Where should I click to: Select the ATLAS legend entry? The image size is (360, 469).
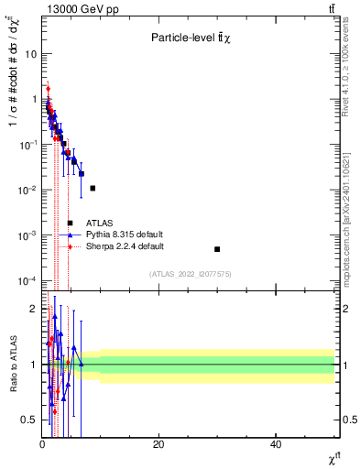(x=99, y=223)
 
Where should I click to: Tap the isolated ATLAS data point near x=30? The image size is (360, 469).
(x=217, y=249)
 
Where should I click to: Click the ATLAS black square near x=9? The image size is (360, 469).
(x=93, y=188)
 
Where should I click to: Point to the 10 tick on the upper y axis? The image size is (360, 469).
(x=31, y=54)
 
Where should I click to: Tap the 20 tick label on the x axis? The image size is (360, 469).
(x=158, y=444)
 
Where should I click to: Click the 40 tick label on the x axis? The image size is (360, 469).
(x=276, y=444)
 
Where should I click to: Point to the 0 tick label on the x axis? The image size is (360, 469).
(x=42, y=444)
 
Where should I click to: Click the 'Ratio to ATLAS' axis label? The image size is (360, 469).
(x=12, y=365)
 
